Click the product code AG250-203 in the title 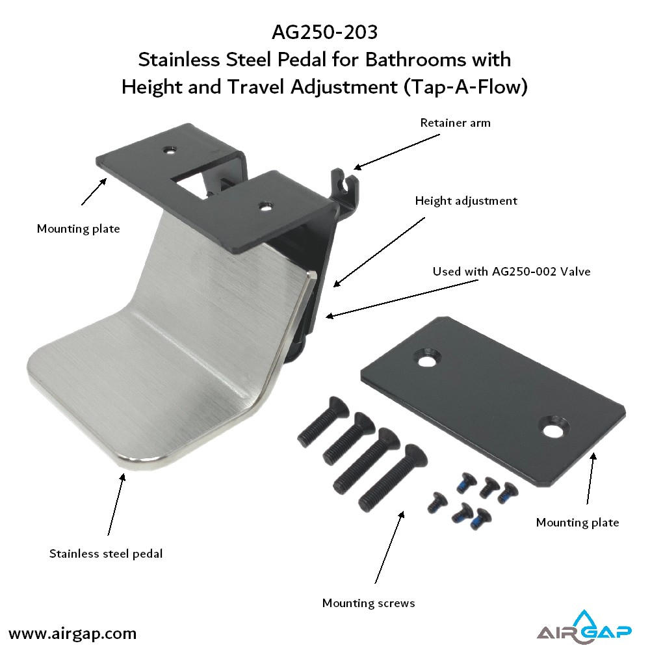(324, 32)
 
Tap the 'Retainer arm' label (455, 123)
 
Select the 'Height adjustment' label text (466, 201)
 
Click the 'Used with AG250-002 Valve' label (512, 272)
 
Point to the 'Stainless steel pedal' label (106, 554)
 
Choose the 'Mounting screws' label (369, 603)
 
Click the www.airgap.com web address (72, 634)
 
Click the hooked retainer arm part (345, 187)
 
